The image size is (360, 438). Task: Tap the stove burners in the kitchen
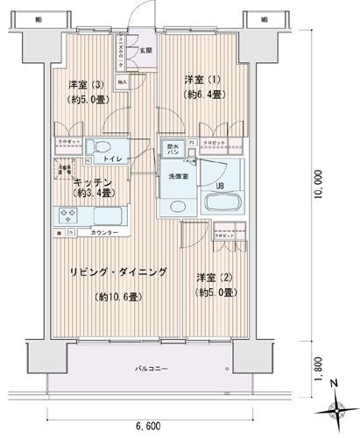click(67, 213)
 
